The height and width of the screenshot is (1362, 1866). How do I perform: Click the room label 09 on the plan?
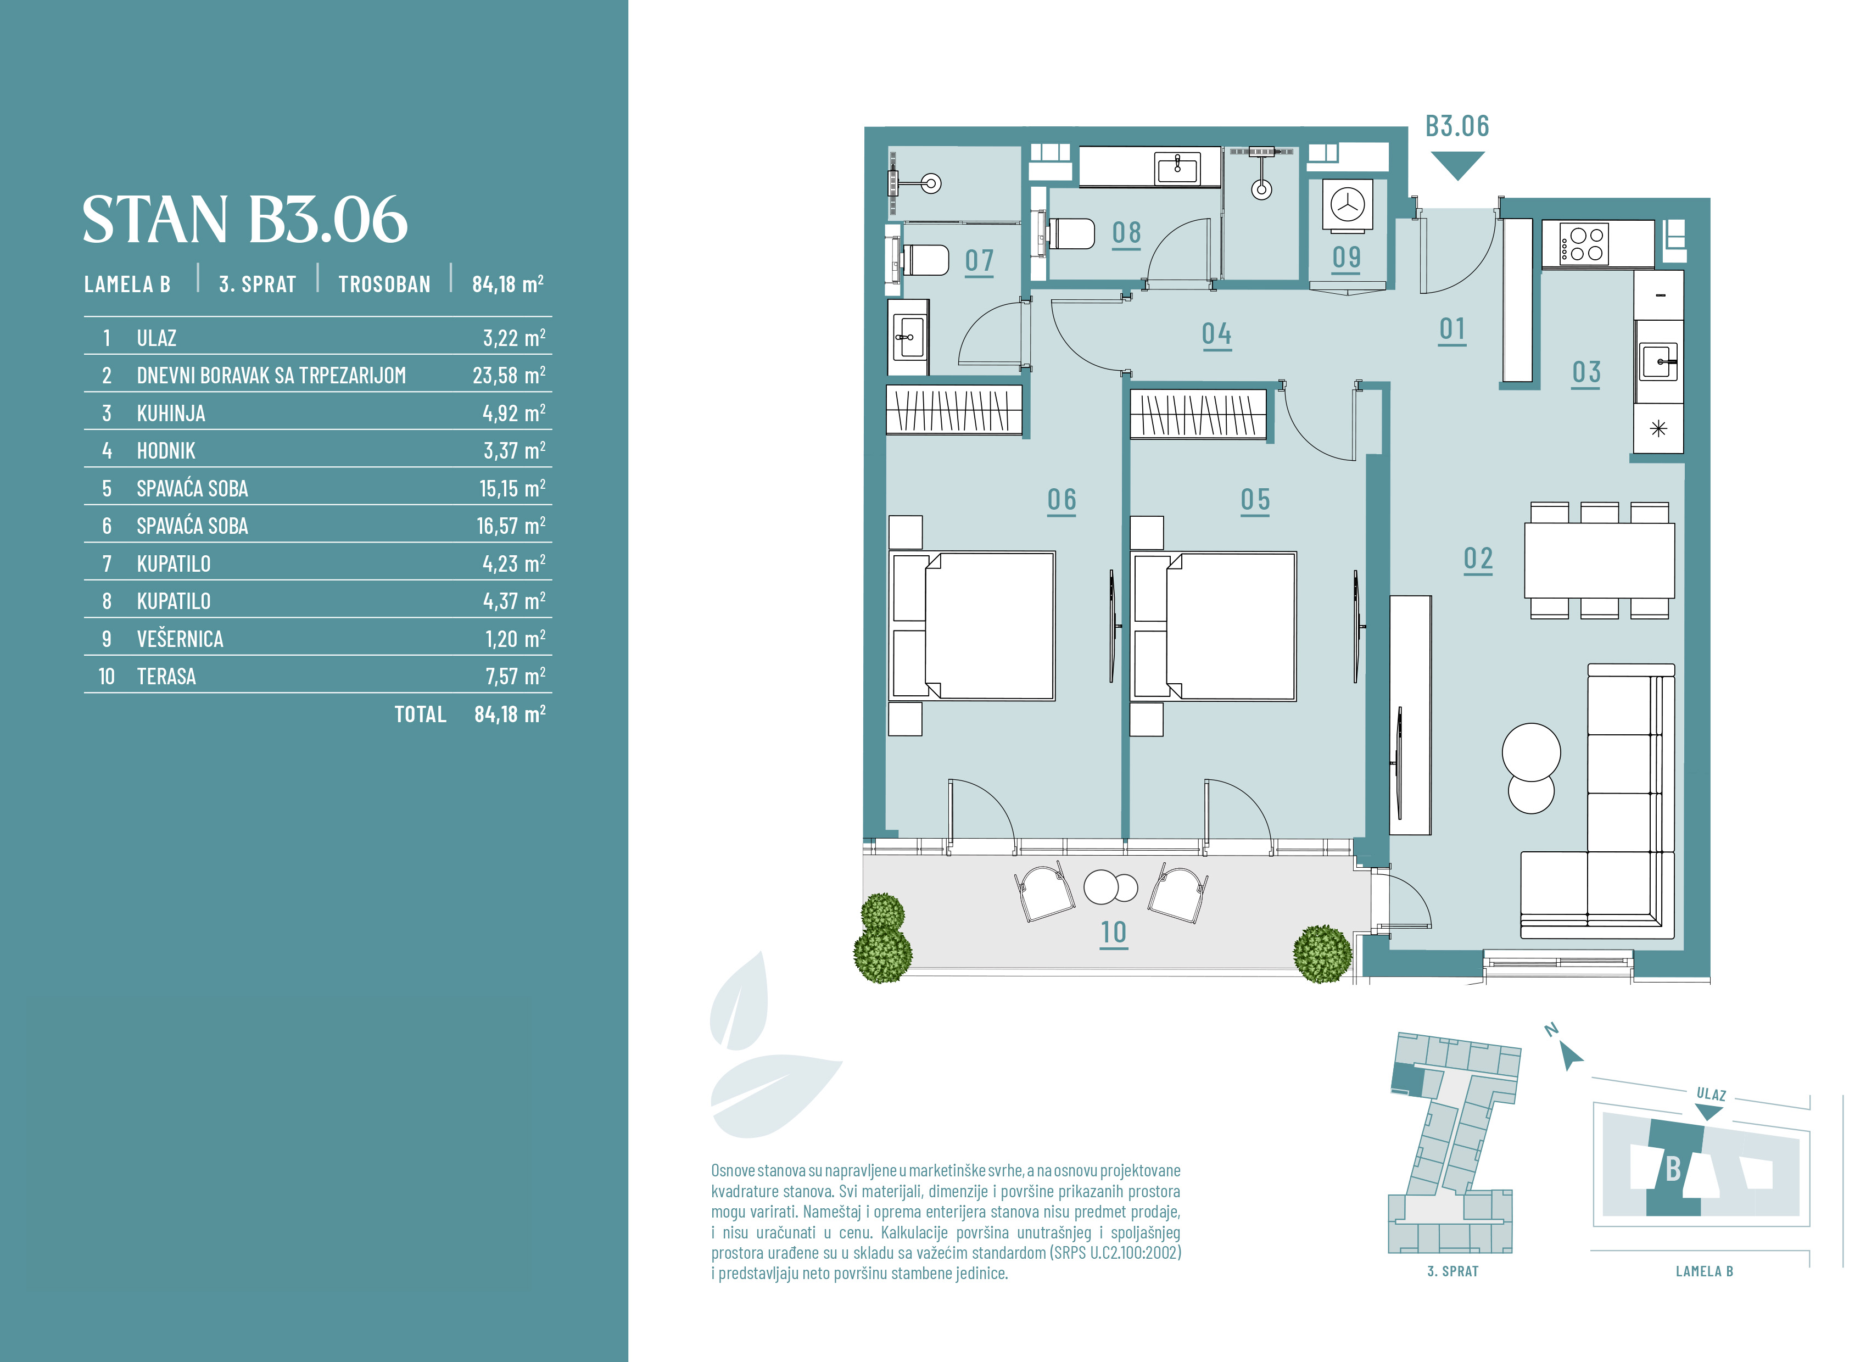click(1346, 257)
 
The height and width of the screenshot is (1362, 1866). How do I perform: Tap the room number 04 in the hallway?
click(1216, 334)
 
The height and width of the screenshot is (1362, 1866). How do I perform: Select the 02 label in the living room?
click(1478, 559)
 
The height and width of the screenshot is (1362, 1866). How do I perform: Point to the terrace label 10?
click(1114, 933)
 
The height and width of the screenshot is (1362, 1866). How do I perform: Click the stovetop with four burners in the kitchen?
click(1585, 244)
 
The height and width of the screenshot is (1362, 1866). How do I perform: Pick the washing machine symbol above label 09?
click(1348, 204)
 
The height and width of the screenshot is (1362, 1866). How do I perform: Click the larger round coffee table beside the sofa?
click(1532, 752)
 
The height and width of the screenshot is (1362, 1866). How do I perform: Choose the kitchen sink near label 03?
click(1658, 362)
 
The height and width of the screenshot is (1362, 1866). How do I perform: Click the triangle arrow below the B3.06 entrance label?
click(1457, 164)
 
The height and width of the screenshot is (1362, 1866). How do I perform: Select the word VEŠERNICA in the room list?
click(180, 639)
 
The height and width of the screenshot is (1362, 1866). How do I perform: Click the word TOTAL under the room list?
click(420, 714)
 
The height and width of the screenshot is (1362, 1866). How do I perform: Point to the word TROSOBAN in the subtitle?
click(384, 284)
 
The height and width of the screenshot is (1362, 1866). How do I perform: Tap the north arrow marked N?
click(1570, 1056)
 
